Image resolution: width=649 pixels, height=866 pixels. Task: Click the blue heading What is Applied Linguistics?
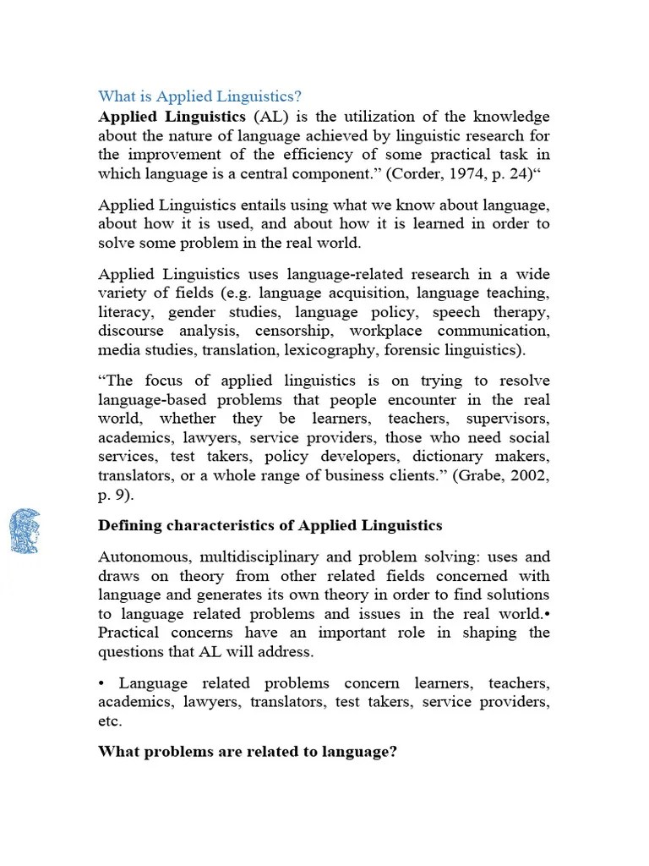tap(199, 96)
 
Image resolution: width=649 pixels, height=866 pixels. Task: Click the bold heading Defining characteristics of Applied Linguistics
tap(270, 525)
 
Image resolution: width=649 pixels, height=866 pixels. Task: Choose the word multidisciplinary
tap(257, 556)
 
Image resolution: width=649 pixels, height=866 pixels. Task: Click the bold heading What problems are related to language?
tap(248, 751)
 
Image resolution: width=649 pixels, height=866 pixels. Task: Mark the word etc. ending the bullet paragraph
tap(110, 721)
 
